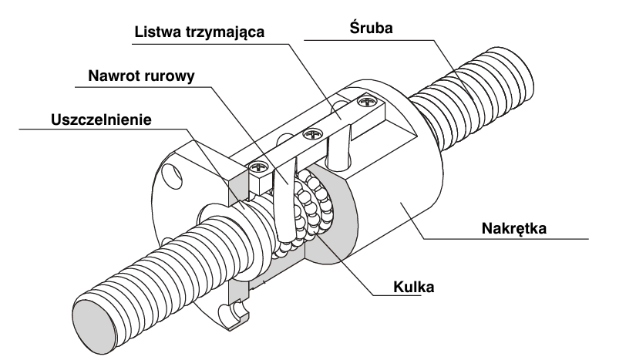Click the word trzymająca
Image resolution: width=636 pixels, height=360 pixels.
[x=227, y=34]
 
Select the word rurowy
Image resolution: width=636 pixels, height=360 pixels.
[x=174, y=76]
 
